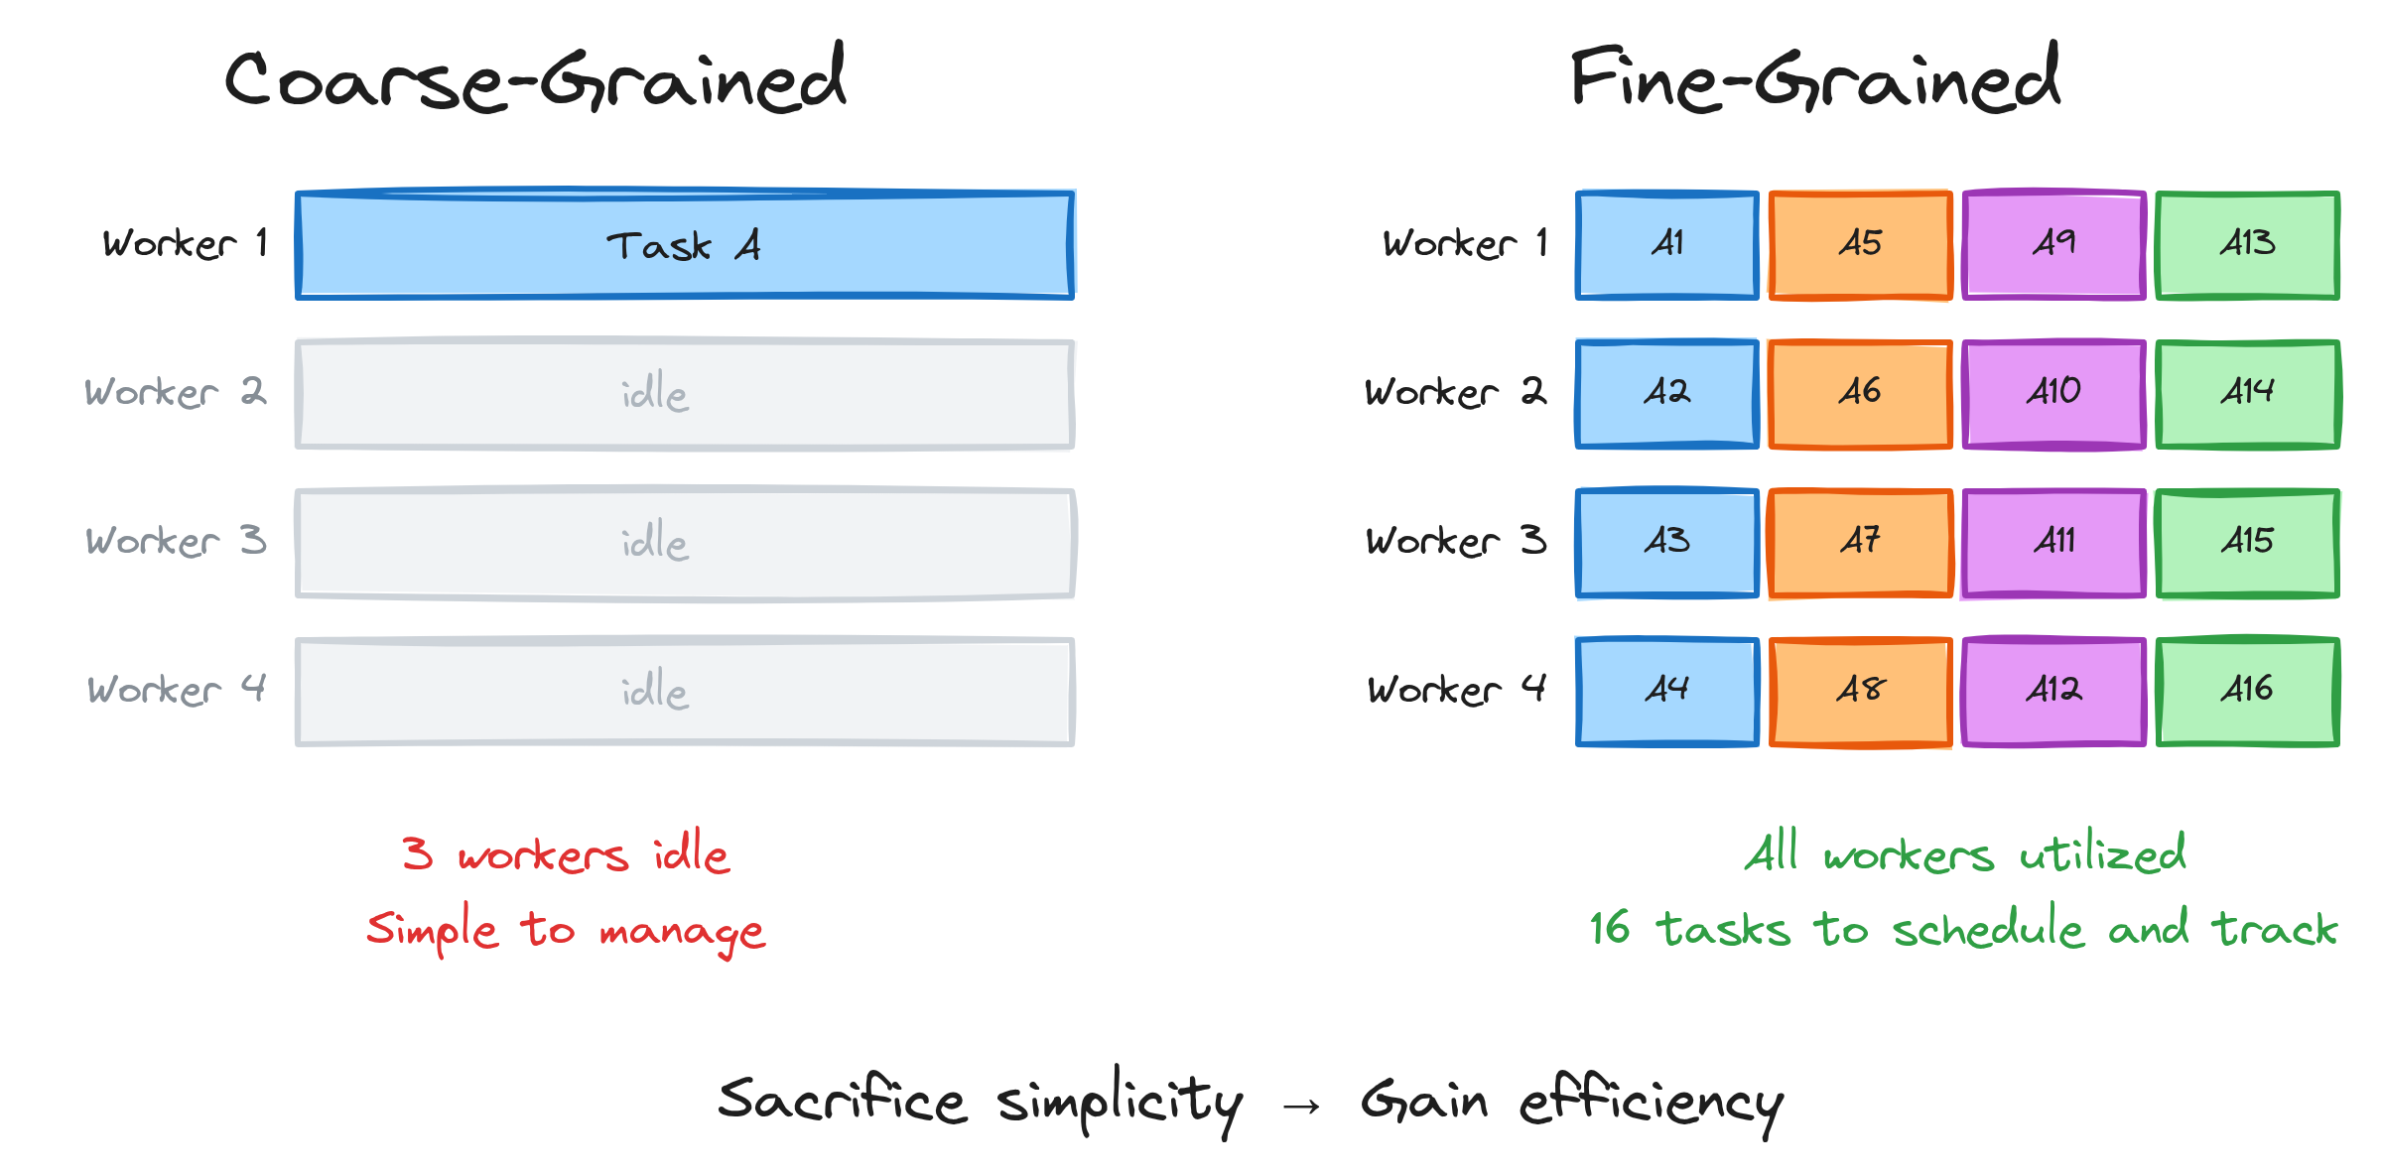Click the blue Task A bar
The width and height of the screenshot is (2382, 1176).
[x=685, y=244]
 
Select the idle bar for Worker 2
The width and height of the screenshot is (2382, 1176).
[x=685, y=394]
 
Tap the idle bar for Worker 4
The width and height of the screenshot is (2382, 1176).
[x=685, y=692]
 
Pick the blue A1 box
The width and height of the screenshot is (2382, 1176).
[x=1667, y=244]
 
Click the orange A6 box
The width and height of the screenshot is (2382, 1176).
[x=1861, y=394]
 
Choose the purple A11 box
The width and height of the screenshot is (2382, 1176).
[x=2054, y=543]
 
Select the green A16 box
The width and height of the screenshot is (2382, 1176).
[x=2248, y=692]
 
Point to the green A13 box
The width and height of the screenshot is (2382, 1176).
[x=2248, y=244]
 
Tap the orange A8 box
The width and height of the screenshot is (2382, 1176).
[x=1861, y=692]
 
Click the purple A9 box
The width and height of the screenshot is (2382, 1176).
[x=2054, y=244]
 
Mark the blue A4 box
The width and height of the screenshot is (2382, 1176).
[x=1667, y=692]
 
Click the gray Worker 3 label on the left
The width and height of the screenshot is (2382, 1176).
[x=176, y=541]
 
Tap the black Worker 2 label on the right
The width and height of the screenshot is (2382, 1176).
[x=1455, y=392]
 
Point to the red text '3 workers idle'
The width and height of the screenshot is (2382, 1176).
[x=566, y=852]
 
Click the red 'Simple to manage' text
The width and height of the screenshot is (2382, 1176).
[x=566, y=931]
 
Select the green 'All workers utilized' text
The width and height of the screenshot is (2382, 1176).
[x=1965, y=852]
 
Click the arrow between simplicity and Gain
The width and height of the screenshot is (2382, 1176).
[x=1301, y=1106]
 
